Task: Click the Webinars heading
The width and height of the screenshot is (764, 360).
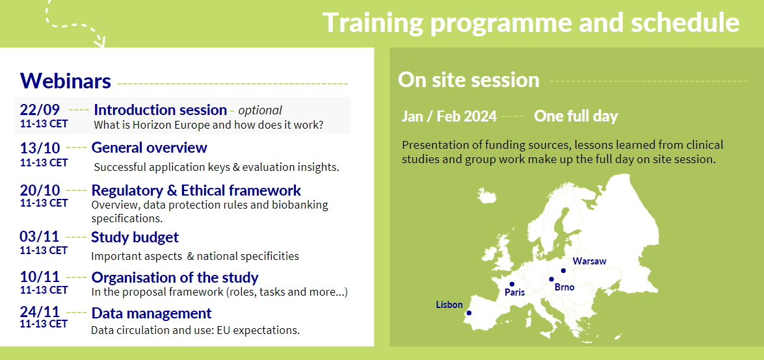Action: [x=65, y=81]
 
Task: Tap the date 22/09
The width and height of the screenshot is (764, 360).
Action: [x=40, y=110]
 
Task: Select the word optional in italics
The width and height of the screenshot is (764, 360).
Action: [x=260, y=110]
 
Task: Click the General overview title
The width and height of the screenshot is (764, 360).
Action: [x=149, y=147]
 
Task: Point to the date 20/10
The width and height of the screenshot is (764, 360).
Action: [x=40, y=190]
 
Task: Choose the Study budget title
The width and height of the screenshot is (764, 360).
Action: [x=135, y=237]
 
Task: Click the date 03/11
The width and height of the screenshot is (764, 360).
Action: [x=40, y=237]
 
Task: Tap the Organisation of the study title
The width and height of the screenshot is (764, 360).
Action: [x=175, y=277]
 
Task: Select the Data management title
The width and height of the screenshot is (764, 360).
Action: [x=151, y=313]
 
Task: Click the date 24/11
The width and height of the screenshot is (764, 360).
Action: [x=40, y=311]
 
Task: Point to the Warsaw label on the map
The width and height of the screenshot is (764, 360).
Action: [x=590, y=261]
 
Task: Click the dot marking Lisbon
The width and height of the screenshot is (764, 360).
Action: [x=469, y=313]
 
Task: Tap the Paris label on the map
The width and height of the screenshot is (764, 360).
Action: [x=514, y=293]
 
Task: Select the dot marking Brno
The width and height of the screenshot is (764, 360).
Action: [x=551, y=279]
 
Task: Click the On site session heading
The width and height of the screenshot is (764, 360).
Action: [x=469, y=80]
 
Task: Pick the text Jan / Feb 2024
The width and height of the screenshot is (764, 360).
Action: [x=449, y=116]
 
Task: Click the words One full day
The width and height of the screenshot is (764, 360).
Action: [x=576, y=116]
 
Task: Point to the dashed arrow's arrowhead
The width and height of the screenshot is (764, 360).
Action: [x=100, y=42]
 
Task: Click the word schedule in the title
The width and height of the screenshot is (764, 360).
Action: [x=685, y=22]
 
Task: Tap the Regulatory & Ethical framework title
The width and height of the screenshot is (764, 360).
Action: [x=196, y=190]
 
